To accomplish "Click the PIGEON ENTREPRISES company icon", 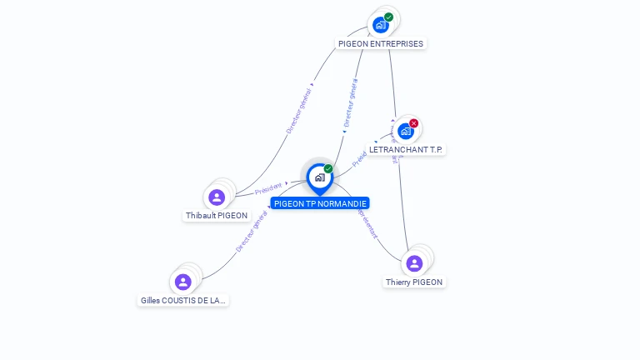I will click(x=381, y=25).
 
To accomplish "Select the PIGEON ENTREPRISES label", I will click(x=381, y=43).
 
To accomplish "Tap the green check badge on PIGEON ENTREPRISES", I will click(x=389, y=17).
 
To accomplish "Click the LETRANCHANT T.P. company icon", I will click(x=406, y=131).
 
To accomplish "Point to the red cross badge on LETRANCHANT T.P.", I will click(x=414, y=123).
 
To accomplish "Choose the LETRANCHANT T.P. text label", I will click(x=407, y=150).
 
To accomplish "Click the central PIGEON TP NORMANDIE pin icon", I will click(x=319, y=177).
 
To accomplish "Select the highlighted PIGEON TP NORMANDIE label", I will click(x=320, y=203).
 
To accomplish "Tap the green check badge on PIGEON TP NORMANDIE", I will click(x=328, y=169).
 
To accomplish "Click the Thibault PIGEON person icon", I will click(x=217, y=197).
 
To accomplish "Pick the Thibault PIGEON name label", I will click(x=217, y=215).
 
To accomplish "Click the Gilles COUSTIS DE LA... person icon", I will click(x=183, y=282).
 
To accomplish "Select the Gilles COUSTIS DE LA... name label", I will click(x=183, y=300).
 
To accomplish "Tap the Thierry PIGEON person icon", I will click(x=414, y=263).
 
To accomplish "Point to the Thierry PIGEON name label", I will click(x=414, y=282).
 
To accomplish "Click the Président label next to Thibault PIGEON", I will click(x=268, y=189).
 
